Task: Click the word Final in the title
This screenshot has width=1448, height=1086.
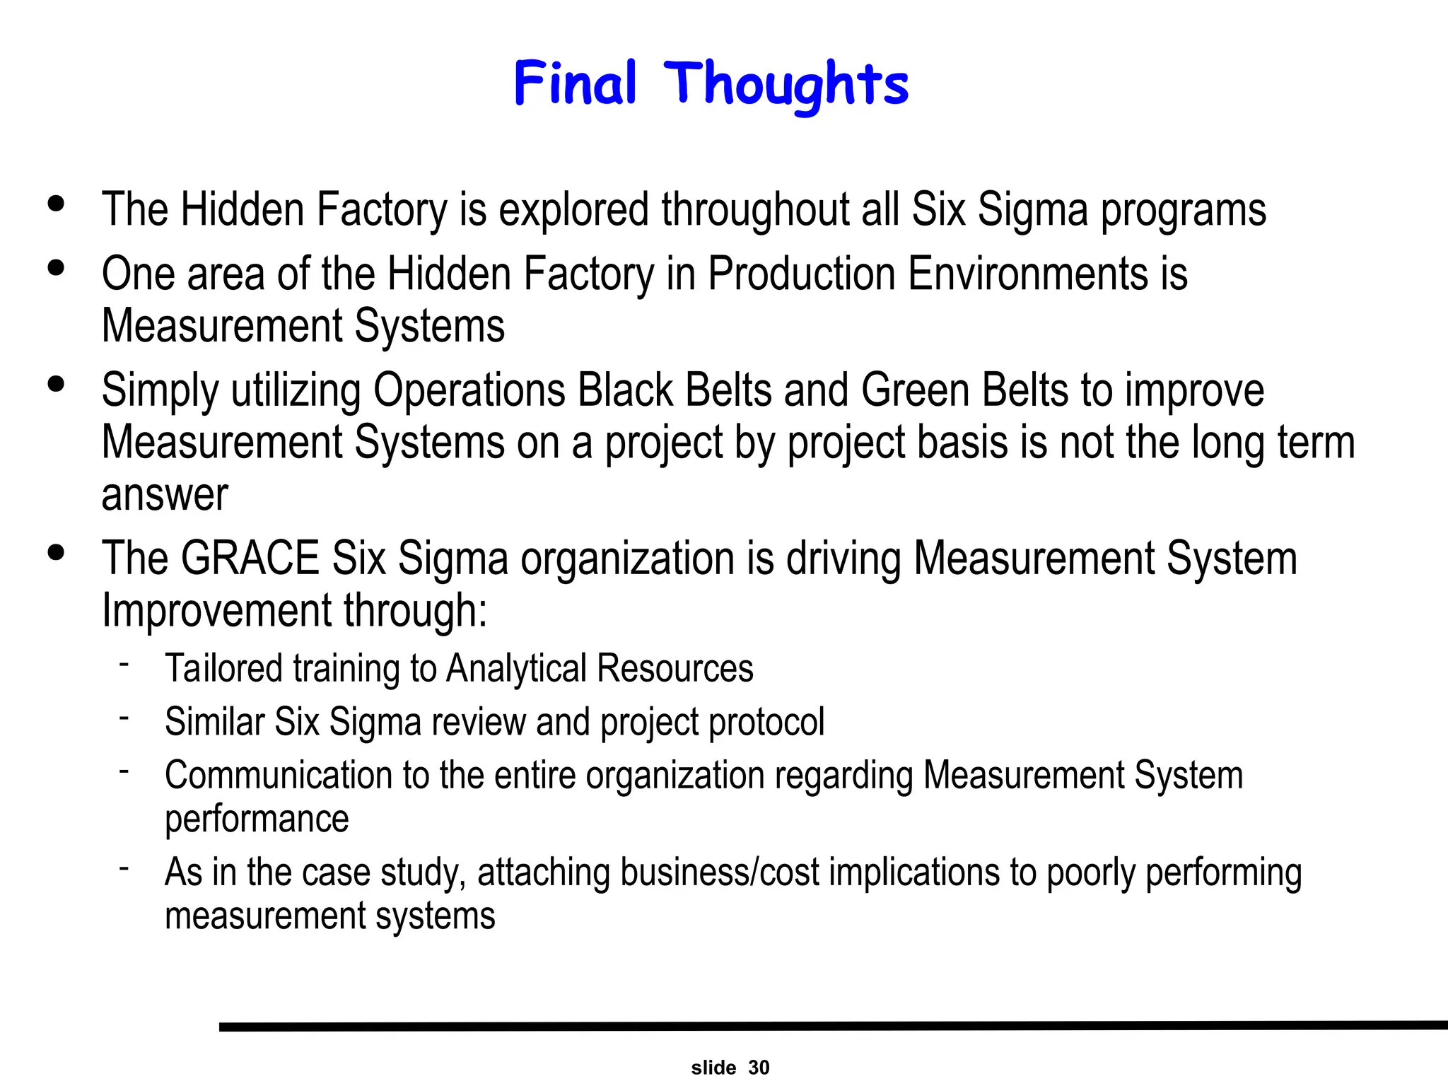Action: coord(575,83)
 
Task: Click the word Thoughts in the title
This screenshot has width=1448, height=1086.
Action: coord(786,85)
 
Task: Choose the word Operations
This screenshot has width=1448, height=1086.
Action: coord(469,390)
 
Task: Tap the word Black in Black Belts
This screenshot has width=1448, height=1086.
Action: coord(625,390)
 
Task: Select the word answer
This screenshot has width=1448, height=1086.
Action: coord(165,495)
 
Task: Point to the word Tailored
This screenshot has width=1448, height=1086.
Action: coord(223,669)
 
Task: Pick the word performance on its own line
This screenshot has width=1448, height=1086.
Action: coord(257,819)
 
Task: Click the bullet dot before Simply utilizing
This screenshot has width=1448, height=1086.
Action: coord(56,385)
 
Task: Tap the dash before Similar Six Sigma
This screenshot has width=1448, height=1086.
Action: coord(124,717)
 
